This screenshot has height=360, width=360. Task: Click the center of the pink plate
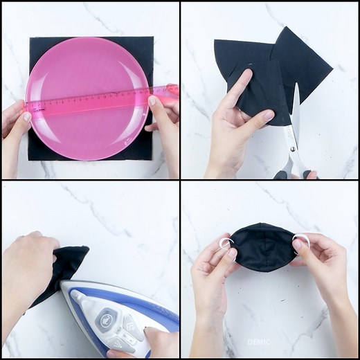88,98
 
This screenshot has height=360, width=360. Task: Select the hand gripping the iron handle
156,343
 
